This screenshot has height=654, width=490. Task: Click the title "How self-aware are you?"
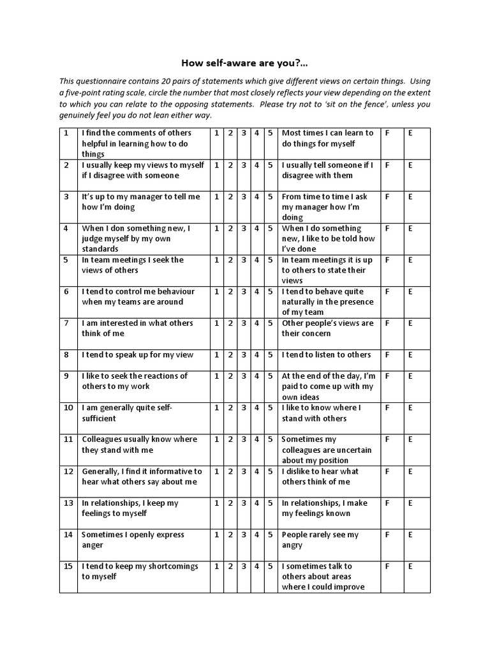244,63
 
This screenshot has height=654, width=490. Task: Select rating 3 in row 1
243,133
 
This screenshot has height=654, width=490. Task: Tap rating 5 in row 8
271,354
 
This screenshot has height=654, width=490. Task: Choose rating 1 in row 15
216,566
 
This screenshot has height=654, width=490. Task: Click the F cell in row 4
387,228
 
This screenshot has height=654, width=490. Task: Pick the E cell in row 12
410,471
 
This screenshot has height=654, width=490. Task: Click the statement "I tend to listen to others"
326,354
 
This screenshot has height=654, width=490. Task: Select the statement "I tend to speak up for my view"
137,354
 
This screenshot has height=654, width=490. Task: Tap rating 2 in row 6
230,291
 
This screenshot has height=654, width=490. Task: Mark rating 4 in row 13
256,503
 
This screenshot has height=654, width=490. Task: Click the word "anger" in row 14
93,545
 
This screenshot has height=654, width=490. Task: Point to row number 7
66,323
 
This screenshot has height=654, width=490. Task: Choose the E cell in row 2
410,165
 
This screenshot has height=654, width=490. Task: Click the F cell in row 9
387,376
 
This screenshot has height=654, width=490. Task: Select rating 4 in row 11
256,439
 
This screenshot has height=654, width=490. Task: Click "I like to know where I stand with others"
322,413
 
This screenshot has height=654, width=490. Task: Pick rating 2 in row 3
230,197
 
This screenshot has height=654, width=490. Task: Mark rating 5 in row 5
271,260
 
